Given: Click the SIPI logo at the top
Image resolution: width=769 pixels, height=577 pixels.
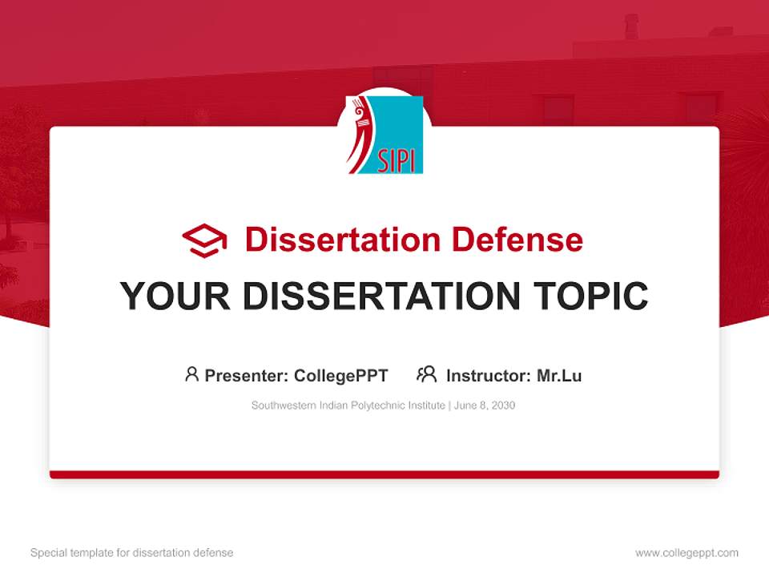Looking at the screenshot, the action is (384, 135).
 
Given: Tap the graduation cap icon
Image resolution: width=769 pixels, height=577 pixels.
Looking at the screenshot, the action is (204, 240).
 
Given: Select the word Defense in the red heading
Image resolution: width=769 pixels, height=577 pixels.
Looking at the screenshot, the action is (517, 240).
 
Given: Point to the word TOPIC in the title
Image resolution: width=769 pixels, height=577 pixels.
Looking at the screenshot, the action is (590, 296).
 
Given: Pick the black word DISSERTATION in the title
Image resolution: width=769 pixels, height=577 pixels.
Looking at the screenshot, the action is (381, 296).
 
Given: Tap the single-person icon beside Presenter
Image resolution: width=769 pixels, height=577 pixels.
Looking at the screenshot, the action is (191, 374).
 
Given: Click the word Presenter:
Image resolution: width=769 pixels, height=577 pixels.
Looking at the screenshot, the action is (246, 376).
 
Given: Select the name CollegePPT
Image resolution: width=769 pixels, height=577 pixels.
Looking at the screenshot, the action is (341, 376).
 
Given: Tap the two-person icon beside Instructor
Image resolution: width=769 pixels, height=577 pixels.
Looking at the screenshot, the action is (427, 374).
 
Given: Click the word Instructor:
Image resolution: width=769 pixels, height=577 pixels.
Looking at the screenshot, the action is (489, 376).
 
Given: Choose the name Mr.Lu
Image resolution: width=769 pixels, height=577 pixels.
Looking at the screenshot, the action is (559, 376).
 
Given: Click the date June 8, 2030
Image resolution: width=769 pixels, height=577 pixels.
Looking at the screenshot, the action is (485, 406).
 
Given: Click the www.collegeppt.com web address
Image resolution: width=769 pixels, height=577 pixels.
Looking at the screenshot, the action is (686, 553).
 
